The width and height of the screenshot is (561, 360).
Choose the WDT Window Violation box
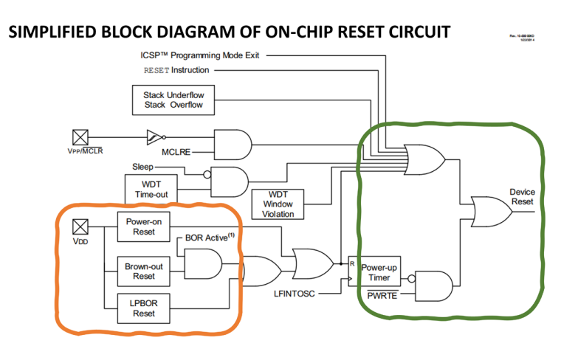point(277,204)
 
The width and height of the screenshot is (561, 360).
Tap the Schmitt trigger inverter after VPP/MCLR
point(154,136)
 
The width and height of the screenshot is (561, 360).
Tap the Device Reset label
point(522,197)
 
